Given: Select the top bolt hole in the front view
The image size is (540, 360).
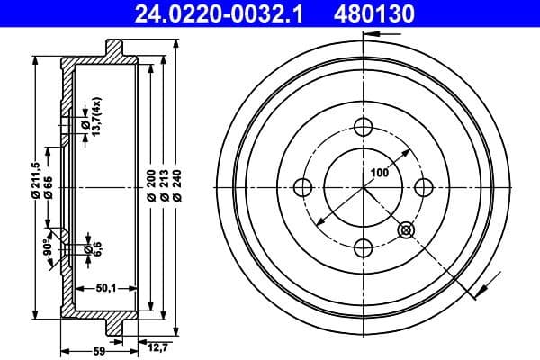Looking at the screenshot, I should tap(364, 127).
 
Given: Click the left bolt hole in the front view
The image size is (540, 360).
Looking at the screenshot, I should tap(303, 187).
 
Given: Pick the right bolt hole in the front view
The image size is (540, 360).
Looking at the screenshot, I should tap(424, 187).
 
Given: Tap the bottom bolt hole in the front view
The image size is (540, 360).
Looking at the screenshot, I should tap(364, 247).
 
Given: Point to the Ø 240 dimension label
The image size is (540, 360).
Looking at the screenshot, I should tap(178, 184).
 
